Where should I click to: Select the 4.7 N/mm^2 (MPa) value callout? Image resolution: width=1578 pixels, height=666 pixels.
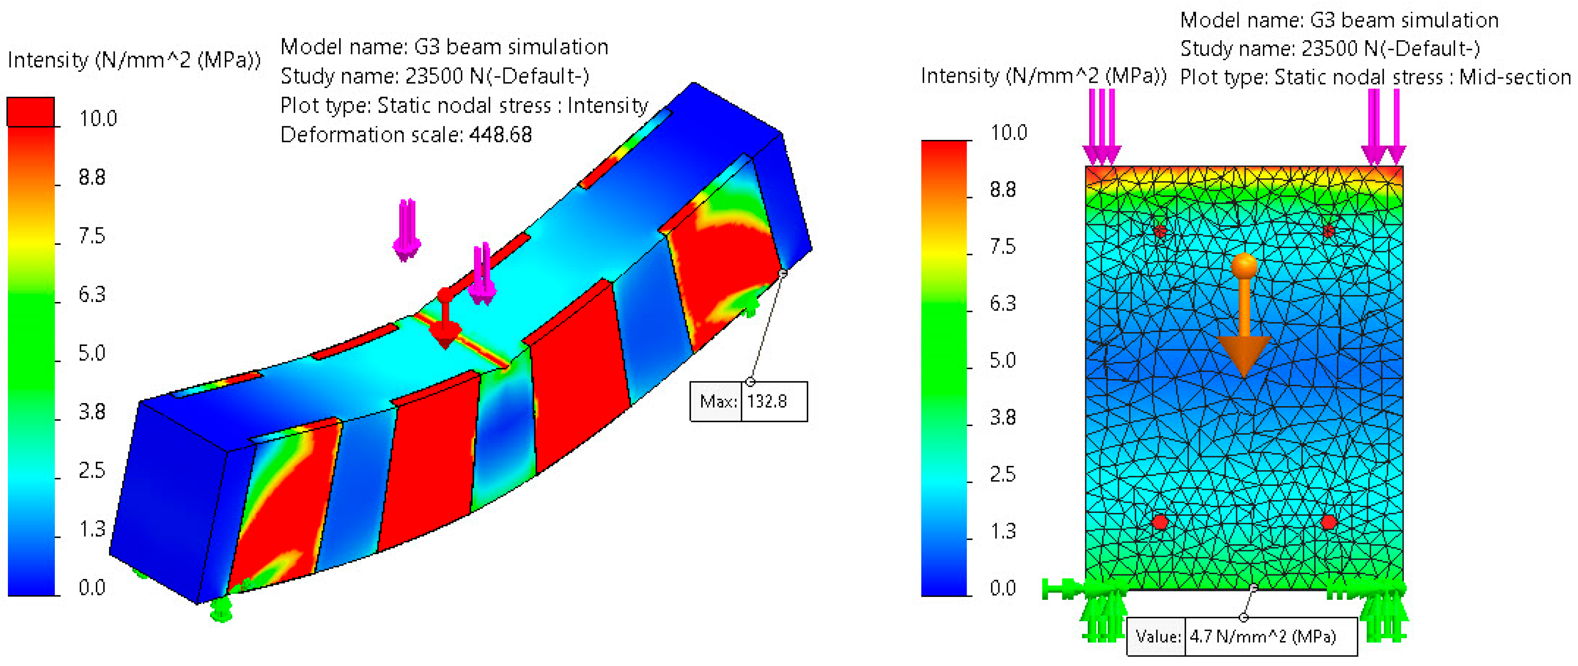1242,637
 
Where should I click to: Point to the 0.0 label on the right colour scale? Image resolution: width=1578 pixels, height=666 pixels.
1003,588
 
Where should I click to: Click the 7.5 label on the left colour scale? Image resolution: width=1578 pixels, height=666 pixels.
92,236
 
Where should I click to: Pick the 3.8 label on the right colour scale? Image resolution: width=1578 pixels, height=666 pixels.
1003,417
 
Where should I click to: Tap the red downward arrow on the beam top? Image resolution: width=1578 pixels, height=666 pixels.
445,319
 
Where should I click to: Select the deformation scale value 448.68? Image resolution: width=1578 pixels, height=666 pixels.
500,135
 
